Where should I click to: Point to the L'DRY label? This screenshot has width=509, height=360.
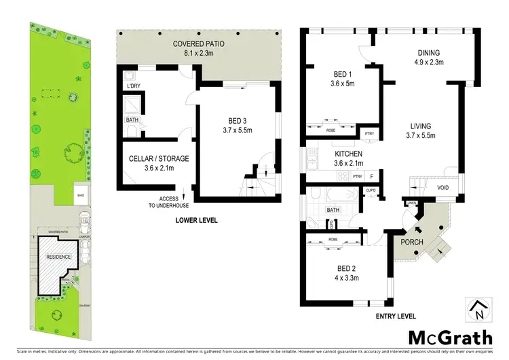tap(133, 86)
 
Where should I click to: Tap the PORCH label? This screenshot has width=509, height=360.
tap(412, 242)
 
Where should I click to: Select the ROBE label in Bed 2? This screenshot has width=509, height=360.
tap(333, 240)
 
